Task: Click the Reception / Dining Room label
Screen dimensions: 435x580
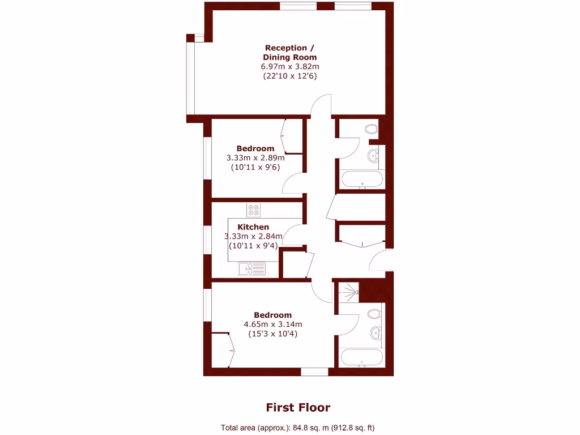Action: [289, 53]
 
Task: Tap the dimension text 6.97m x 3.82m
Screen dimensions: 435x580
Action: [289, 66]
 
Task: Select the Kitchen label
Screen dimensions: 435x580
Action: [253, 227]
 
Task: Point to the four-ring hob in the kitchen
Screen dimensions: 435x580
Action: [253, 210]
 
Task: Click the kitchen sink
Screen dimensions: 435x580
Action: [251, 269]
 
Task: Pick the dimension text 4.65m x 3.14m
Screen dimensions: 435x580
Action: [272, 325]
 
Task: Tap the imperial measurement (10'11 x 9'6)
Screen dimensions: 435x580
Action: [255, 168]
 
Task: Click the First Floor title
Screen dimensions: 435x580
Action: [298, 407]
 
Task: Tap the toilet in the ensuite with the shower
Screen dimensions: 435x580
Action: [373, 313]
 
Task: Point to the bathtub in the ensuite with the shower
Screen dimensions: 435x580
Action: [361, 358]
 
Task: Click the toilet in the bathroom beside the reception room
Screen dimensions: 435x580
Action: [372, 129]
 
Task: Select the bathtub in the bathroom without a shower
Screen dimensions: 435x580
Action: [361, 180]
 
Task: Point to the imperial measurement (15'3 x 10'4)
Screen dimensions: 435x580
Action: [272, 334]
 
